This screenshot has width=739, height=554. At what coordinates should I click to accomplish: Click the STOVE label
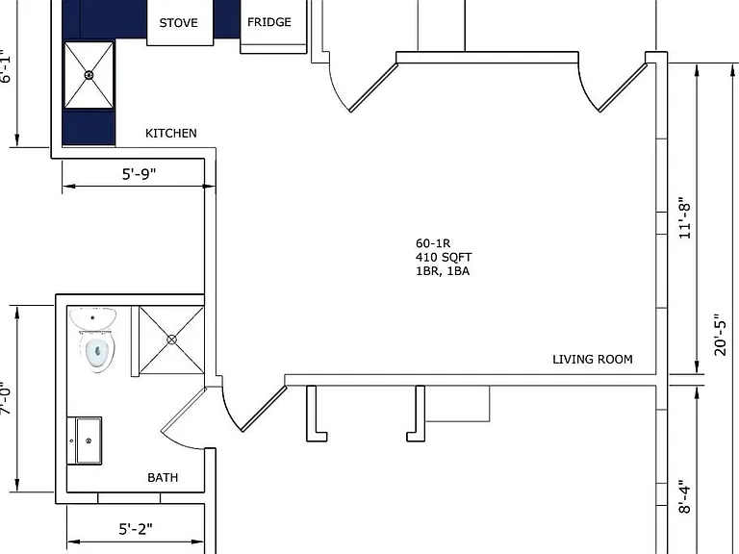[x=178, y=23]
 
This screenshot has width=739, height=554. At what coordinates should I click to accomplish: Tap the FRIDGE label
[x=269, y=22]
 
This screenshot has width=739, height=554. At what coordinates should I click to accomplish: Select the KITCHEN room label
[x=171, y=134]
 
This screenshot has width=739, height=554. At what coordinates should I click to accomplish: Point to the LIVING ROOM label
[x=593, y=360]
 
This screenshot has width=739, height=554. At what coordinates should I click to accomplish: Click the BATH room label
[x=163, y=478]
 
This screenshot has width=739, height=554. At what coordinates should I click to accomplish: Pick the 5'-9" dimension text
[x=139, y=174]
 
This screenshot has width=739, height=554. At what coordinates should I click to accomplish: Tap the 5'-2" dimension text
[x=136, y=529]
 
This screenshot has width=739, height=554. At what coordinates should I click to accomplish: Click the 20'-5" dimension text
[x=720, y=335]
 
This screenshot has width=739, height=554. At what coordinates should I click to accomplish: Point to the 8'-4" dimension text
[x=685, y=497]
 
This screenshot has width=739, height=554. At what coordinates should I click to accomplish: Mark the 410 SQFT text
[x=444, y=257]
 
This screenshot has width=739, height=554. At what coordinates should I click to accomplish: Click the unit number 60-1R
[x=433, y=243]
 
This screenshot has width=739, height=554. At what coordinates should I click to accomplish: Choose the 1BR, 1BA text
[x=443, y=271]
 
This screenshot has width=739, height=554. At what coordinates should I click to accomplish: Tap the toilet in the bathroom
[x=97, y=351]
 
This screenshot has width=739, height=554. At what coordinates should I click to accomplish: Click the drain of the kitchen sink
[x=89, y=75]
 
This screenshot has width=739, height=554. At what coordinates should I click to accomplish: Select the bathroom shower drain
[x=171, y=340]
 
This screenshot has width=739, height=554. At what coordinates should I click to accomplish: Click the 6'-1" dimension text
[x=5, y=66]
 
